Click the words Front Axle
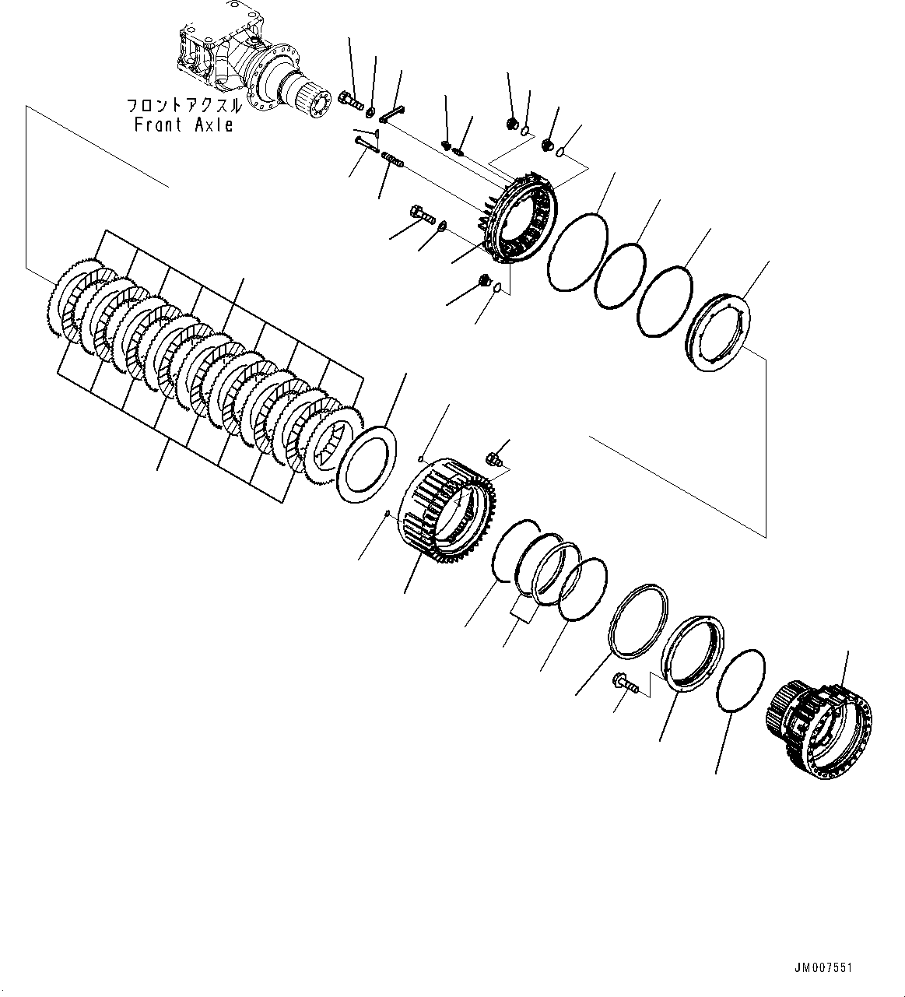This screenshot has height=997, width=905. click(x=184, y=125)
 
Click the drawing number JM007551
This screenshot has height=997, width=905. click(x=823, y=967)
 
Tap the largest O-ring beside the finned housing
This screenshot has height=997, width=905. click(x=577, y=242)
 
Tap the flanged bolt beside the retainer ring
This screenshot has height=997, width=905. click(x=626, y=683)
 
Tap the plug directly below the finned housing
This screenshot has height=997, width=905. click(x=485, y=281)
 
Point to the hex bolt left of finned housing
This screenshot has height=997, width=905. click(x=419, y=213)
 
